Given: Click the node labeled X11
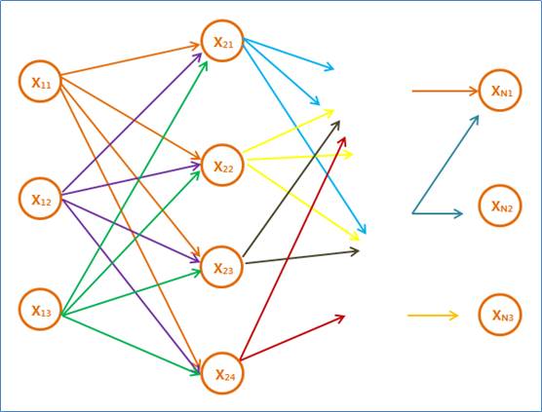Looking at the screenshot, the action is tap(40, 82).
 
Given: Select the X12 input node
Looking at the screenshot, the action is tap(40, 199).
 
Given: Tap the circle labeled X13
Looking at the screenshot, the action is tap(40, 310).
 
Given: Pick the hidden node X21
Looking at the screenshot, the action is tap(222, 41).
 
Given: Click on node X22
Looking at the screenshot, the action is tap(222, 165).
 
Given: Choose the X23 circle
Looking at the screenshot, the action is tap(222, 267).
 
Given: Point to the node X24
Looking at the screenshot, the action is tap(222, 373).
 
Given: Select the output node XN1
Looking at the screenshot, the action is tap(500, 91).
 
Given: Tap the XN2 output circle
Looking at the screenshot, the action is tap(500, 206).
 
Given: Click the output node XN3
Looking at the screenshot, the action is tap(500, 315).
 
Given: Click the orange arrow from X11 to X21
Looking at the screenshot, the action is tap(131, 59).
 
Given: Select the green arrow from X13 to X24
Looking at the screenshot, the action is tap(131, 344).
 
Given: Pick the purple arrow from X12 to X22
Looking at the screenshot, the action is tap(132, 179).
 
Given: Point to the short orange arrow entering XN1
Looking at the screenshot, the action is tap(445, 92).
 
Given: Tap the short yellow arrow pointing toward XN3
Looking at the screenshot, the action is tap(433, 316).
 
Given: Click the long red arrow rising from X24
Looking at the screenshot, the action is tap(292, 248).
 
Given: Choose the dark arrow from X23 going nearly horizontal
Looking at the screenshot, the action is tap(302, 257).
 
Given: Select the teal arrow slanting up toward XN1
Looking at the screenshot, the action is tap(445, 164).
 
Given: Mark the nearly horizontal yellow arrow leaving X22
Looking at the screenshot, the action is tap(299, 157).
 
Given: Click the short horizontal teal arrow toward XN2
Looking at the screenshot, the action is tap(438, 213).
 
